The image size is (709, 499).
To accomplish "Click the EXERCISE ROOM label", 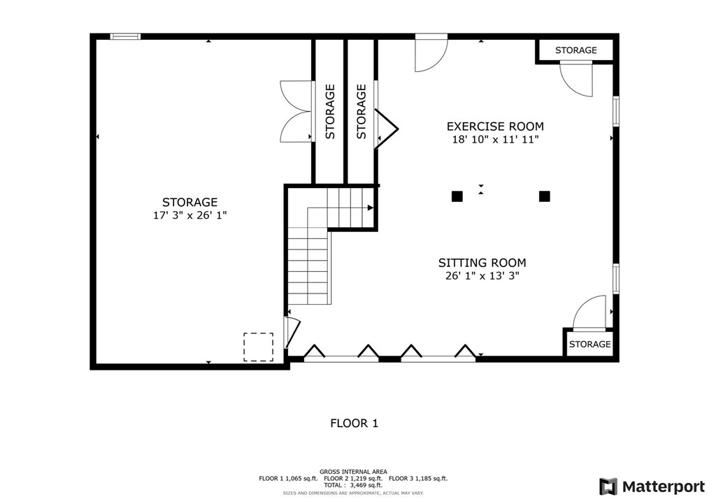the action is (495, 126).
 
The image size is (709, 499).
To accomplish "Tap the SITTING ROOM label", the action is (482, 263).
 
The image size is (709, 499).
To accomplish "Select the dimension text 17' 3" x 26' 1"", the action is (190, 215).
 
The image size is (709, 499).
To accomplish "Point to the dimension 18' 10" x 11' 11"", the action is (496, 139).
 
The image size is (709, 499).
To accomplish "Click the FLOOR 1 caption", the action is (354, 423).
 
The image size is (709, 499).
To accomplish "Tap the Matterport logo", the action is (652, 486).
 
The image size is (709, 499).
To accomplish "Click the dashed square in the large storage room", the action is (258, 347).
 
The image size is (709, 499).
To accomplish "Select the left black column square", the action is (457, 196).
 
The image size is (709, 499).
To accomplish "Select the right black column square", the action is (545, 196).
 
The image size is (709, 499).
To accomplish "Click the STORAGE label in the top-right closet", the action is (575, 50).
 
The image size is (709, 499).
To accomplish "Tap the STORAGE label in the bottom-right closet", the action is (589, 345).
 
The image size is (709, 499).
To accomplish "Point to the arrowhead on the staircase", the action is (371, 208).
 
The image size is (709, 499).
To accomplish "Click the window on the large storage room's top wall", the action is (125, 36).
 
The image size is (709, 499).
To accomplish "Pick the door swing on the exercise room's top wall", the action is (431, 53).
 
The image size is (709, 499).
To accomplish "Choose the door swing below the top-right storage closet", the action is (576, 79).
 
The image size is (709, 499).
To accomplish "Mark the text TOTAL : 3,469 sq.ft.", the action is (353, 485).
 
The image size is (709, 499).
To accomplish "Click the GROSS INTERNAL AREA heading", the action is (353, 472).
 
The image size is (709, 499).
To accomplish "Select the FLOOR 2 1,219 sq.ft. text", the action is (353, 478).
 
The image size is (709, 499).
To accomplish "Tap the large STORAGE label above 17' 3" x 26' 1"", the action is (190, 202).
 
